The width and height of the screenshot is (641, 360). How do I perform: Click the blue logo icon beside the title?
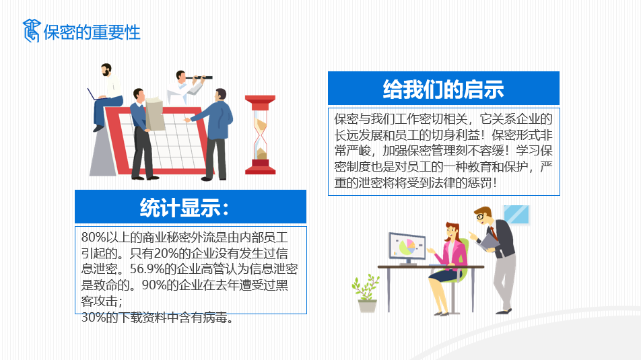pyautogui.click(x=32, y=31)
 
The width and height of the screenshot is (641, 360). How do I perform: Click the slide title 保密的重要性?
pyautogui.click(x=92, y=32)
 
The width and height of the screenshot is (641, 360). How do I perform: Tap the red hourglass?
pyautogui.click(x=261, y=135)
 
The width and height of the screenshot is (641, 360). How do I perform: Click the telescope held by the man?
pyautogui.click(x=199, y=77)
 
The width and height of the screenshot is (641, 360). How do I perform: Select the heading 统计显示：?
pyautogui.click(x=184, y=207)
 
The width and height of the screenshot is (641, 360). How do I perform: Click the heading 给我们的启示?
pyautogui.click(x=444, y=89)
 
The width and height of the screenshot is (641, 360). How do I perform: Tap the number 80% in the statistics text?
pyautogui.click(x=93, y=237)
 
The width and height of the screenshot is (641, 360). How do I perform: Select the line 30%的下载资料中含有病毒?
pyautogui.click(x=158, y=317)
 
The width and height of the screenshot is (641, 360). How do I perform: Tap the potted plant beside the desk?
pyautogui.click(x=366, y=293)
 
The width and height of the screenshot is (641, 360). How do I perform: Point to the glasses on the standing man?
pyautogui.click(x=481, y=216)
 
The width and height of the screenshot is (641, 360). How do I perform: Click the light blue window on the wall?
pyautogui.click(x=516, y=215)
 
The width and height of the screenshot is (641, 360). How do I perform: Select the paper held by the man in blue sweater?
pyautogui.click(x=155, y=114)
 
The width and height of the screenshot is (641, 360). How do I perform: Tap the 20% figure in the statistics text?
pyautogui.click(x=166, y=253)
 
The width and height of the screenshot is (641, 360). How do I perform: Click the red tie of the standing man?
pyautogui.click(x=494, y=233)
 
